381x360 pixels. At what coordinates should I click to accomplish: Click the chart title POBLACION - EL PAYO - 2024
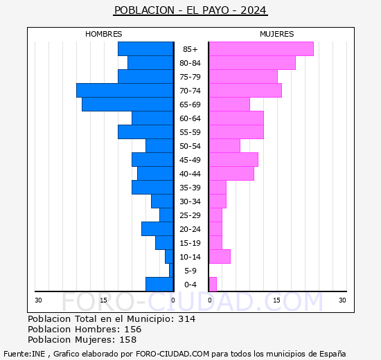point(190,10)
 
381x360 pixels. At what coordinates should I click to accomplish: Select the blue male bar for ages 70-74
point(125,90)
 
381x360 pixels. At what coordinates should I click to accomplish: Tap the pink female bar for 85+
point(260,48)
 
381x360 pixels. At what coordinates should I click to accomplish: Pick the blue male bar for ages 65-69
point(127,104)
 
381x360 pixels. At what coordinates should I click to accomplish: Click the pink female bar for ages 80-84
point(251,62)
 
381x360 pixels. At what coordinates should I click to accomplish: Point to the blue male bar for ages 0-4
point(159,284)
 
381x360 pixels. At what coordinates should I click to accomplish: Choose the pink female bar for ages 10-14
point(220,256)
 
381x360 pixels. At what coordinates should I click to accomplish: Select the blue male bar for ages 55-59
point(145,132)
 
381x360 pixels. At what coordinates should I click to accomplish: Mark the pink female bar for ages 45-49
point(233,159)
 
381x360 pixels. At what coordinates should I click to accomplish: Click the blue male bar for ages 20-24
point(157,228)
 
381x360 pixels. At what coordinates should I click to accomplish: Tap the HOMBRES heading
point(104,34)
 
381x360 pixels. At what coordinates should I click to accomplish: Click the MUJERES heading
point(277,34)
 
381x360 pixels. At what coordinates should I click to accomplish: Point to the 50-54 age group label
point(190,146)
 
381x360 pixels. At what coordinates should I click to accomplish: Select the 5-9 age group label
point(190,271)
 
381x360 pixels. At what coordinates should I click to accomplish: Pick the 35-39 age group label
point(190,188)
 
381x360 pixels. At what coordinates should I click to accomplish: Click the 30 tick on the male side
point(39,300)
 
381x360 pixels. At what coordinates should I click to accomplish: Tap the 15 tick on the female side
point(276,300)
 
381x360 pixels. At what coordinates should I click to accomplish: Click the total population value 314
point(187,319)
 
